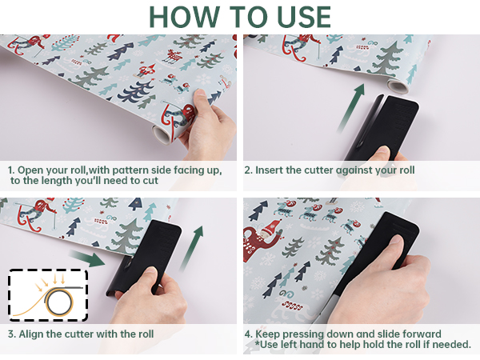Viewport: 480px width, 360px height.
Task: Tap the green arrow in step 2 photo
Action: click(x=351, y=108)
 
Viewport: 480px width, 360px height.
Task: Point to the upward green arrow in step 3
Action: click(x=192, y=248)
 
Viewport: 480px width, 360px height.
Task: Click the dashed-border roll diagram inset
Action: click(x=48, y=295)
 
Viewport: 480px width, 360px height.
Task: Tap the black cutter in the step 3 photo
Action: click(x=144, y=257)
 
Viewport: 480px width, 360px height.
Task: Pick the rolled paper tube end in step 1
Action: click(x=162, y=134)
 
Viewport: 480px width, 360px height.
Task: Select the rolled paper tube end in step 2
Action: click(x=397, y=86)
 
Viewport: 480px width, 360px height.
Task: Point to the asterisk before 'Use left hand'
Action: click(x=257, y=342)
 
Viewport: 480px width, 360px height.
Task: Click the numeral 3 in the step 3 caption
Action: click(x=10, y=334)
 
